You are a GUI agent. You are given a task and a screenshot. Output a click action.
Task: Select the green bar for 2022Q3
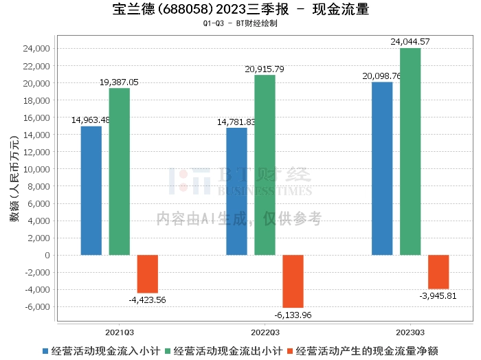pyautogui.click(x=265, y=165)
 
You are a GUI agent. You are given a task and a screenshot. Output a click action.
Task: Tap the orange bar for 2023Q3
pyautogui.click(x=438, y=272)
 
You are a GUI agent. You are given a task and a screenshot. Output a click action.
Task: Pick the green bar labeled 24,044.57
pyautogui.click(x=410, y=151)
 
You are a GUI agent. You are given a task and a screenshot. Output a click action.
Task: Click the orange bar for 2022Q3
pyautogui.click(x=293, y=281)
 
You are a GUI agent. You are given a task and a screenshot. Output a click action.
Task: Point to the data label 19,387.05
pyautogui.click(x=119, y=82)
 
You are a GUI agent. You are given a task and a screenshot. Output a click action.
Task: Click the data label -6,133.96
pyautogui.click(x=293, y=315)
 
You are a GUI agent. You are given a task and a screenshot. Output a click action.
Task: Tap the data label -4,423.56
pyautogui.click(x=147, y=300)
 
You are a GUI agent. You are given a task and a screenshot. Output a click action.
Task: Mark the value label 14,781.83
pyautogui.click(x=236, y=122)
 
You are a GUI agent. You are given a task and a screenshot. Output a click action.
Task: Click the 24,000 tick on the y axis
pyautogui.click(x=35, y=49)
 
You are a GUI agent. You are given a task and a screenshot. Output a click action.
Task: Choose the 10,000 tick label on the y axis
pyautogui.click(x=35, y=169)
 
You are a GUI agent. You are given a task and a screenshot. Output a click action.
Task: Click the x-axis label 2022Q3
pyautogui.click(x=265, y=330)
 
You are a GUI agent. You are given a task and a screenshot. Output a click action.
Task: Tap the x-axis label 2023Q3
pyautogui.click(x=410, y=330)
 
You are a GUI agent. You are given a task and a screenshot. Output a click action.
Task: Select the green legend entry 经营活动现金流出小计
pyautogui.click(x=223, y=350)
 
